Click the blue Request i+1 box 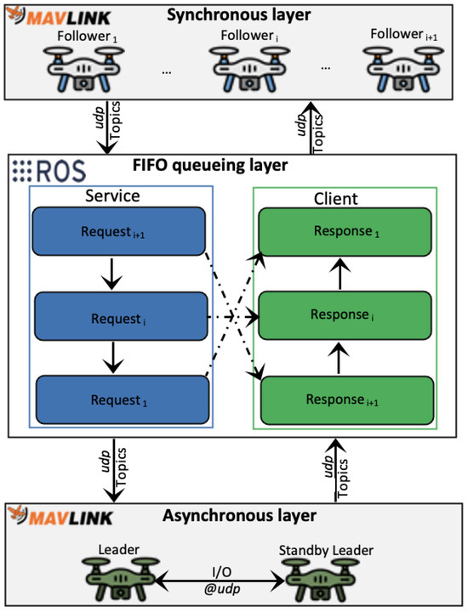[119, 231]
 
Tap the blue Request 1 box [119, 398]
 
